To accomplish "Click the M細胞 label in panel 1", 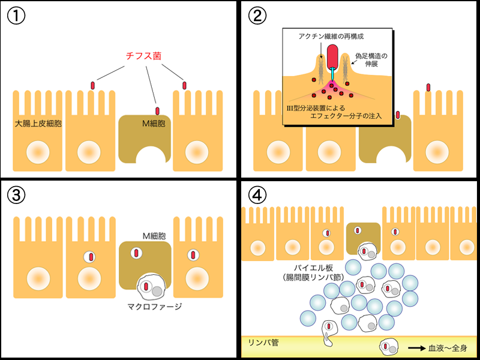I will click(152, 124).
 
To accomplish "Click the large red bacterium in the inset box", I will click(332, 56).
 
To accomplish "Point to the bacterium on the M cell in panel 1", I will click(157, 110).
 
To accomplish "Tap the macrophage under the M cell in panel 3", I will click(150, 286).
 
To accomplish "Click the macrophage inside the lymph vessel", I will click(388, 347).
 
